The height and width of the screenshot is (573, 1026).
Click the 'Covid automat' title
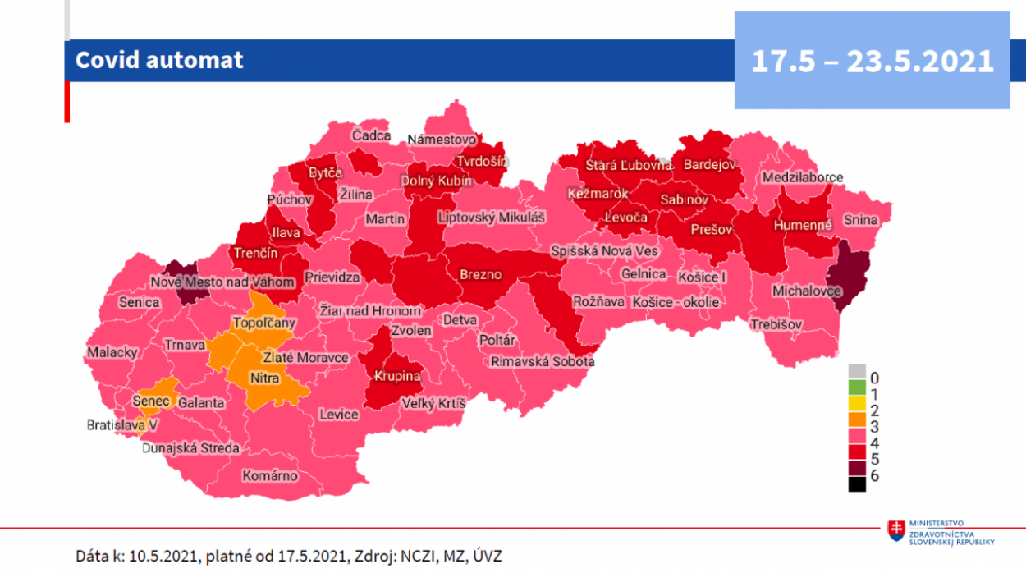click(x=159, y=60)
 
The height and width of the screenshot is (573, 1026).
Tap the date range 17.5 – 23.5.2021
click(x=872, y=61)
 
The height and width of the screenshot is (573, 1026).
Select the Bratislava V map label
click(x=123, y=426)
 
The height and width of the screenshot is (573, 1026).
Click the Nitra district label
click(x=264, y=379)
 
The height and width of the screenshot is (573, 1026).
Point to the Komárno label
click(x=270, y=476)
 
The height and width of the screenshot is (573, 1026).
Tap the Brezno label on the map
click(x=480, y=275)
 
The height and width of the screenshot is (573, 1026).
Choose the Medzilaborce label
click(x=802, y=177)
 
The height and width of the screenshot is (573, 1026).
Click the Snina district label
click(x=859, y=219)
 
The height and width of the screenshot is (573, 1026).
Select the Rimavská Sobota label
click(x=543, y=361)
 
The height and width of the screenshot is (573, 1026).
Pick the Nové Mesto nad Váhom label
click(x=222, y=282)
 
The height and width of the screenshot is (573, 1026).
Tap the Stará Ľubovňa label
click(x=628, y=165)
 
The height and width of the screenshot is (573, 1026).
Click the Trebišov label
click(x=776, y=325)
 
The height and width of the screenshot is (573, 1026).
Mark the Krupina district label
click(x=397, y=376)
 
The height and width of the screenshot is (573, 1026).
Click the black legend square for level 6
click(x=857, y=484)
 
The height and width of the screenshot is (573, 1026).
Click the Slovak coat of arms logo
click(x=897, y=531)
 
